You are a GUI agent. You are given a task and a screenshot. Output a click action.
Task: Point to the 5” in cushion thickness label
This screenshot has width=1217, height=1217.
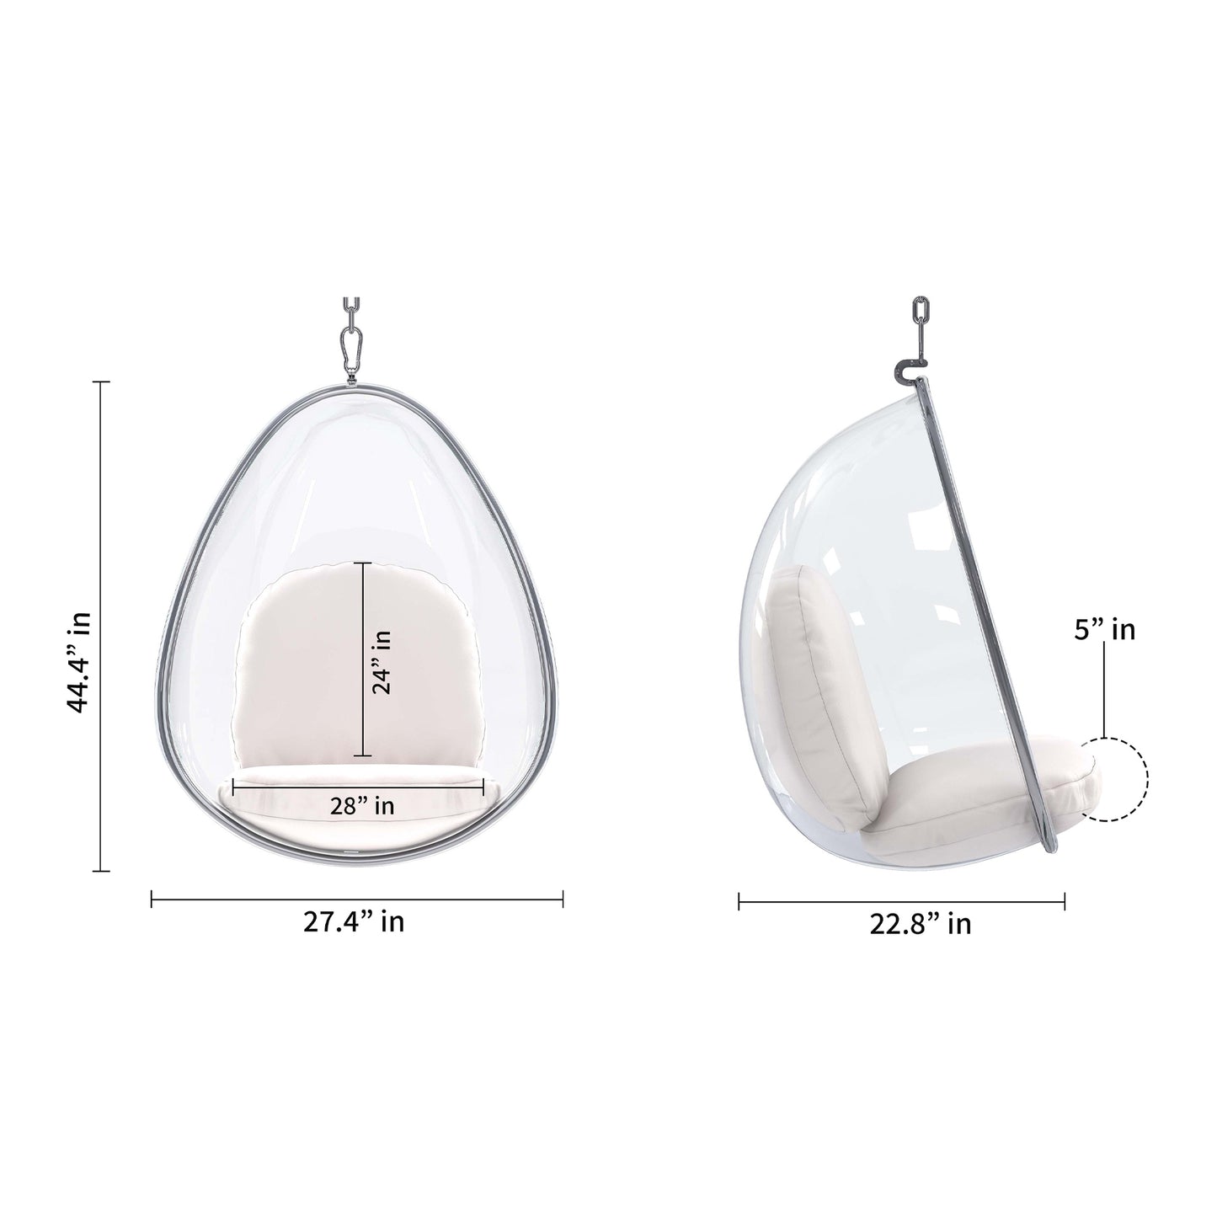[x=1104, y=629]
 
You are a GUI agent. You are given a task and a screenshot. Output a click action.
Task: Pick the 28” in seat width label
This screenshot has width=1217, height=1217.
[x=361, y=806]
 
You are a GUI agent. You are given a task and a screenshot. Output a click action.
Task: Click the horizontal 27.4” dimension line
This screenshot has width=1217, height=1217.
[x=356, y=900]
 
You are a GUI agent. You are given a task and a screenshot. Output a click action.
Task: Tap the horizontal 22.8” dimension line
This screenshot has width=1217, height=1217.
[x=901, y=902]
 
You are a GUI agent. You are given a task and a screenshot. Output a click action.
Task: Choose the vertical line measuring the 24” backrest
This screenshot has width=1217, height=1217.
[x=363, y=659]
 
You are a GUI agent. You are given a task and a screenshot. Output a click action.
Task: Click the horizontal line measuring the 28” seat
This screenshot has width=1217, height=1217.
[x=358, y=784]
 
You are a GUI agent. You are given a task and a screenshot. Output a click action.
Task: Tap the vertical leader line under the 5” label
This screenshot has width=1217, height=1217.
[x=1104, y=699]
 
